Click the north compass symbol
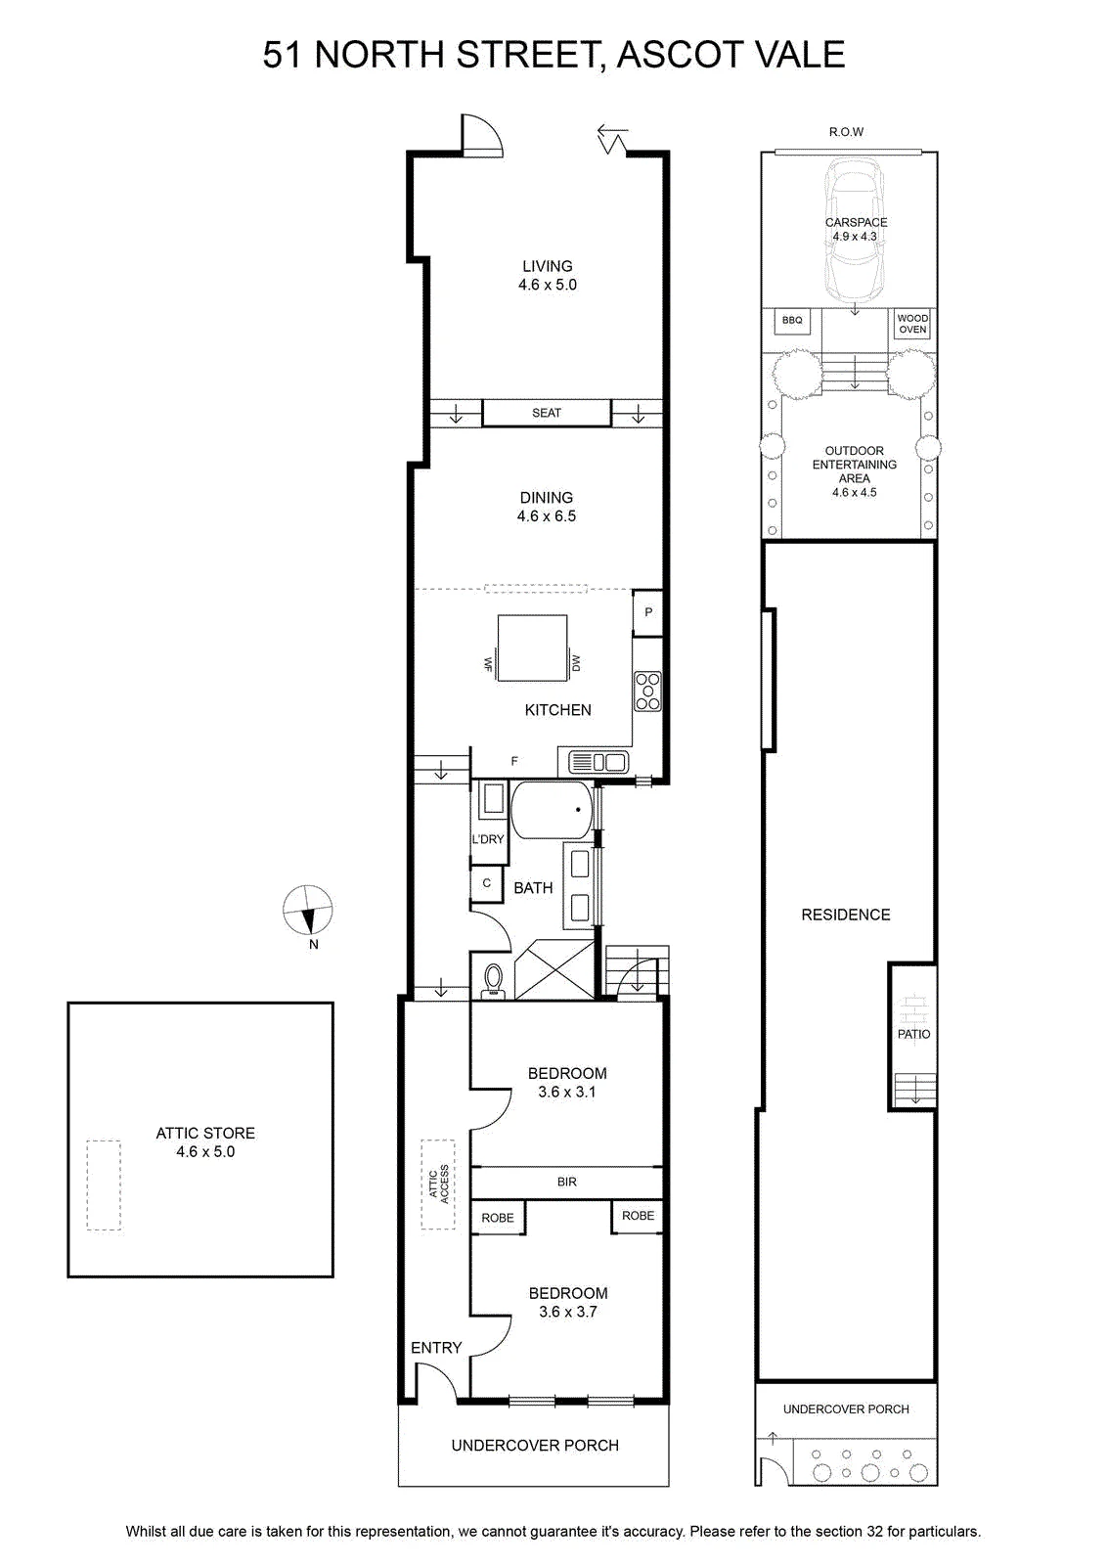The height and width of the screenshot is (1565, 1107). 307,910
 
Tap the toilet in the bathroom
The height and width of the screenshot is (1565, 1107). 494,979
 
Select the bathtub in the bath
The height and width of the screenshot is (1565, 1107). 552,810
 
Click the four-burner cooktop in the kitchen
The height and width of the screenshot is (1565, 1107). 647,691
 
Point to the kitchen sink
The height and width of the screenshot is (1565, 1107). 598,762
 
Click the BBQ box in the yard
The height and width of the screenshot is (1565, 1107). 792,321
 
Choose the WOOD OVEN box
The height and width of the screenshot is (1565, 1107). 912,324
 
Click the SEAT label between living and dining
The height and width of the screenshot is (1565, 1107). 547,413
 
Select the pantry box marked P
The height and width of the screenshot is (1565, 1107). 648,612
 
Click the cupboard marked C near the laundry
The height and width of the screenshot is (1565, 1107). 487,883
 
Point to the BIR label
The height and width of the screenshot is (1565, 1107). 567,1183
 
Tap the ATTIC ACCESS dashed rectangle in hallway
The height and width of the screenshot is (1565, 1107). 438,1185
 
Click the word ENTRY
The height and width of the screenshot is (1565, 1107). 436,1348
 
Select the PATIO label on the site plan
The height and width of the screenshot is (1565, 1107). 913,1034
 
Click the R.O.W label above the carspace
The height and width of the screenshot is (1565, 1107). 847,132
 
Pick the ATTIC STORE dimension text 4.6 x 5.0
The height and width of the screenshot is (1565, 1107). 205,1151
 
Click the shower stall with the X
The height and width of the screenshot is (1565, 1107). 553,969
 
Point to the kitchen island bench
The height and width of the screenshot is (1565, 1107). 532,648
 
